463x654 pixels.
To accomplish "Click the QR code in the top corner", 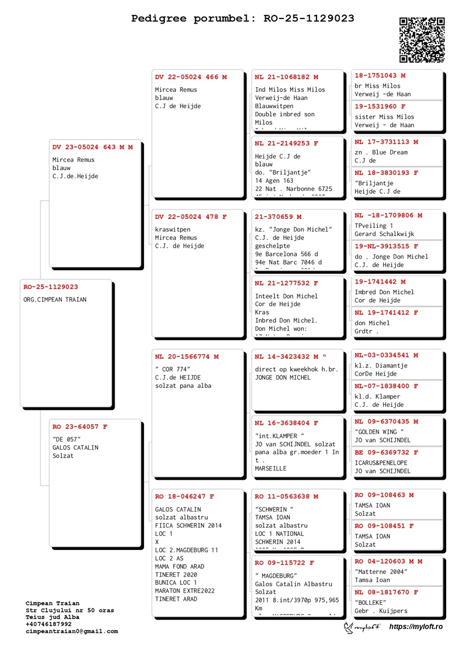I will [422, 39].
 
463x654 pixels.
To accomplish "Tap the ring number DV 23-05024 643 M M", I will [93, 147].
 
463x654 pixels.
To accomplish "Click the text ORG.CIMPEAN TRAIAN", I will [55, 300].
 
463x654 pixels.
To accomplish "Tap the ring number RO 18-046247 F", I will [185, 497].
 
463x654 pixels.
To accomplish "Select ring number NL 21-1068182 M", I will [286, 77].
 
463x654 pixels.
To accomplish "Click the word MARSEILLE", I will [271, 469].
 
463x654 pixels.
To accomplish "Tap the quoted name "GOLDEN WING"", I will [379, 432].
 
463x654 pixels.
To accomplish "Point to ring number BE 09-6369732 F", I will [387, 453].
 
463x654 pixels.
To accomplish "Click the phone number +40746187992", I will [49, 624].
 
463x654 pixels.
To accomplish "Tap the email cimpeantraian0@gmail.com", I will [72, 631].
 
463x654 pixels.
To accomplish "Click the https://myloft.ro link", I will [416, 627].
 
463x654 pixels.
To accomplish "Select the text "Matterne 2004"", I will [381, 572].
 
